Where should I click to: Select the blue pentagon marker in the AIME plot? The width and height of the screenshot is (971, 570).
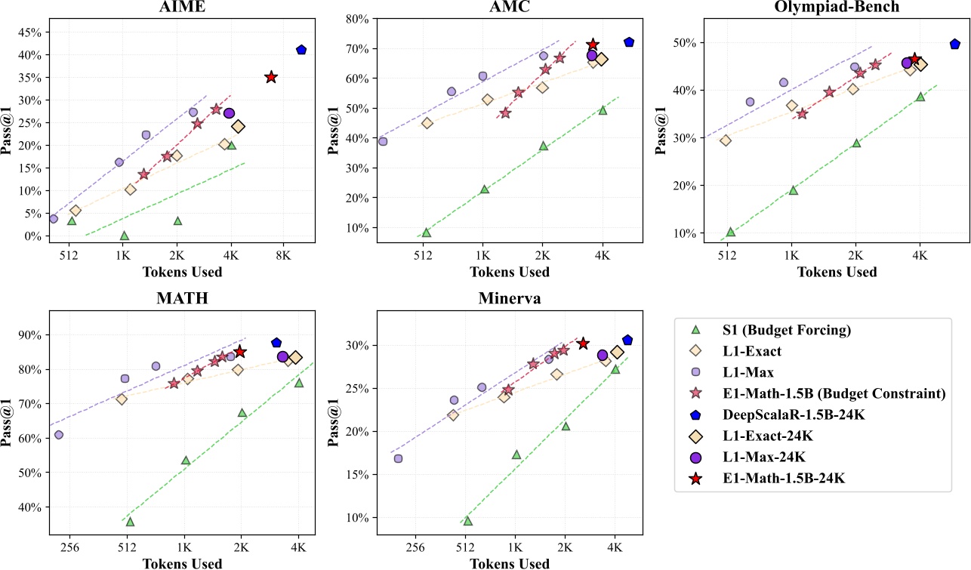pyautogui.click(x=301, y=50)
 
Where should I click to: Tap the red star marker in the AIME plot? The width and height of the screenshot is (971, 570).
pyautogui.click(x=271, y=77)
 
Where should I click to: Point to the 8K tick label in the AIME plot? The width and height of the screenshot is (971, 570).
pyautogui.click(x=283, y=255)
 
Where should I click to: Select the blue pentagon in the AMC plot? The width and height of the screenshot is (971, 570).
pyautogui.click(x=629, y=42)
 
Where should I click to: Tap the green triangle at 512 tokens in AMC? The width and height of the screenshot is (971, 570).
pyautogui.click(x=426, y=233)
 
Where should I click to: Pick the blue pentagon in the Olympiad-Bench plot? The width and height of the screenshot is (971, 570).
pyautogui.click(x=954, y=45)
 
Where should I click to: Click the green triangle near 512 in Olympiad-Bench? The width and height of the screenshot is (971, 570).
pyautogui.click(x=730, y=232)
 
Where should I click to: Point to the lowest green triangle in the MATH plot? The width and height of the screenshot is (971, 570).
pyautogui.click(x=130, y=522)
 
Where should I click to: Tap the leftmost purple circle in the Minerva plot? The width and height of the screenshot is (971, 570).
pyautogui.click(x=398, y=458)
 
